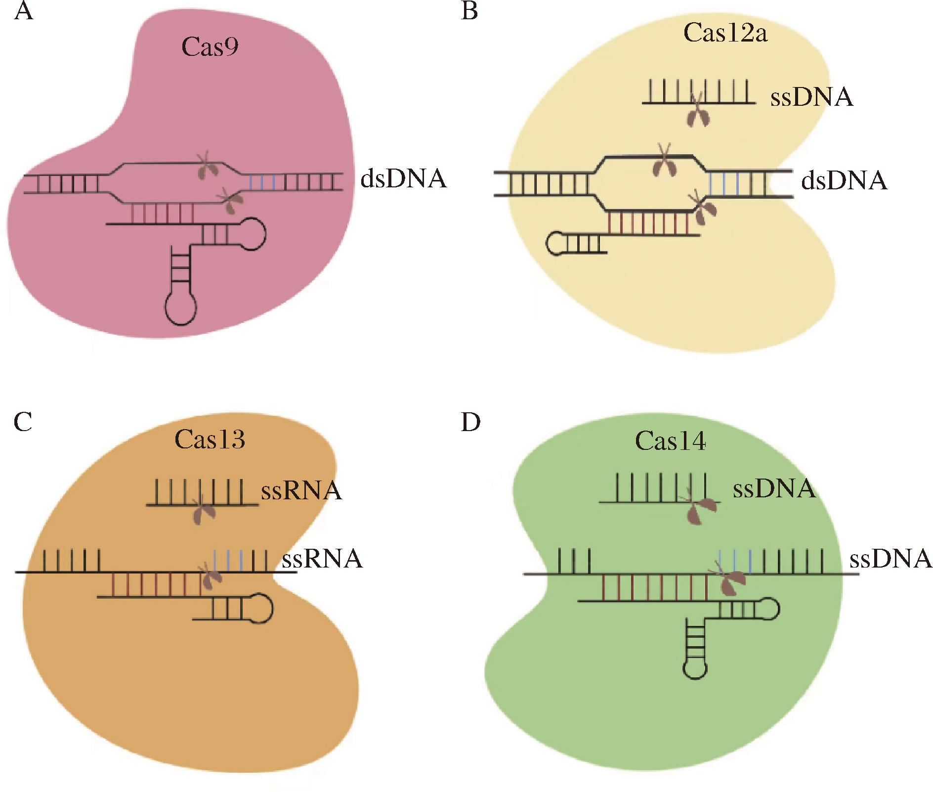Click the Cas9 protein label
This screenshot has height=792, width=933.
coord(210,47)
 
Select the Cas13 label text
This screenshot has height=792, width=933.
coord(210,439)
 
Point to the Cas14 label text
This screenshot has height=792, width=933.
coord(671,441)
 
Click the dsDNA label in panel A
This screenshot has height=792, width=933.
coord(403,179)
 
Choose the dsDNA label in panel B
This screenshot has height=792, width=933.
coord(844,181)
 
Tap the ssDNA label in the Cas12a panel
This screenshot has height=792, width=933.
coord(811,97)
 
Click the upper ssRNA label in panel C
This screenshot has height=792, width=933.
coord(301,491)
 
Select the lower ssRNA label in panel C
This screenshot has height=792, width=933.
coord(322,559)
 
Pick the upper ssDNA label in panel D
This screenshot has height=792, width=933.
coord(774,488)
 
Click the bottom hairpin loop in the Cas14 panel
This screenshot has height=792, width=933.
coord(695,668)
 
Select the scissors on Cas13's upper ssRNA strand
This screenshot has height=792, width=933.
coord(203,512)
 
